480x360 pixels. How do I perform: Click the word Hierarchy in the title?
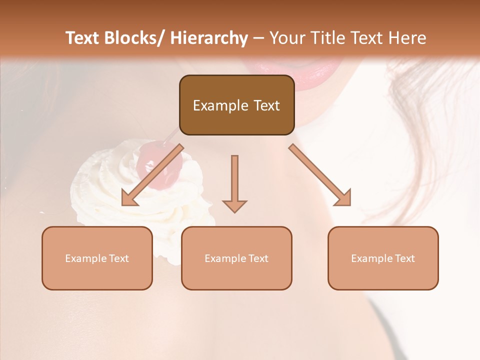[209, 38]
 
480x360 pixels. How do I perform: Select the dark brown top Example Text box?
[236, 105]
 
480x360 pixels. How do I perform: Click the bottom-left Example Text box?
[97, 258]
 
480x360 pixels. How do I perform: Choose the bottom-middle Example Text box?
[236, 258]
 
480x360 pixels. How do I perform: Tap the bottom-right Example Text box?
[383, 258]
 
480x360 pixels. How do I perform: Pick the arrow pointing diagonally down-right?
[320, 175]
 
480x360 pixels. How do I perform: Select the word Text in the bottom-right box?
[405, 258]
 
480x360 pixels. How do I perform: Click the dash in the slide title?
[258, 38]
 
